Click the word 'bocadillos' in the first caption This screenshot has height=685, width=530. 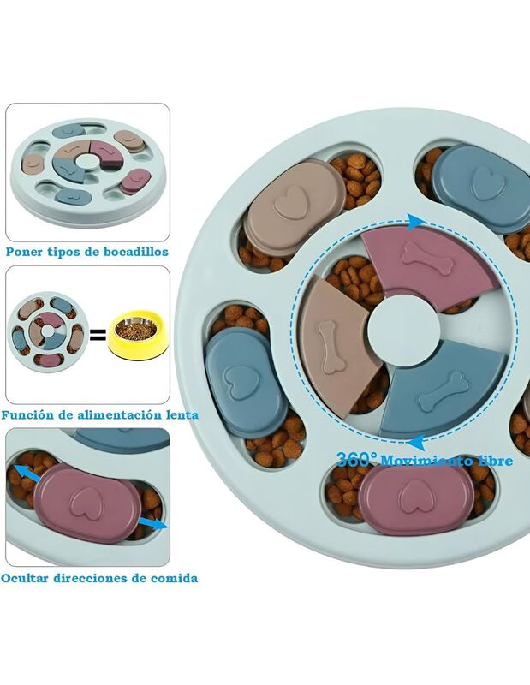131,252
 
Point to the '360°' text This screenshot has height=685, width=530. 353,459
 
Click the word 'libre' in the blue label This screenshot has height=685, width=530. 492,461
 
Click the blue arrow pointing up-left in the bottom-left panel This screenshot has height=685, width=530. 25,472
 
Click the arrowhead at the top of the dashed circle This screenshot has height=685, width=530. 414,222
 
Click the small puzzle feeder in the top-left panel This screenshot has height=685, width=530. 86,167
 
